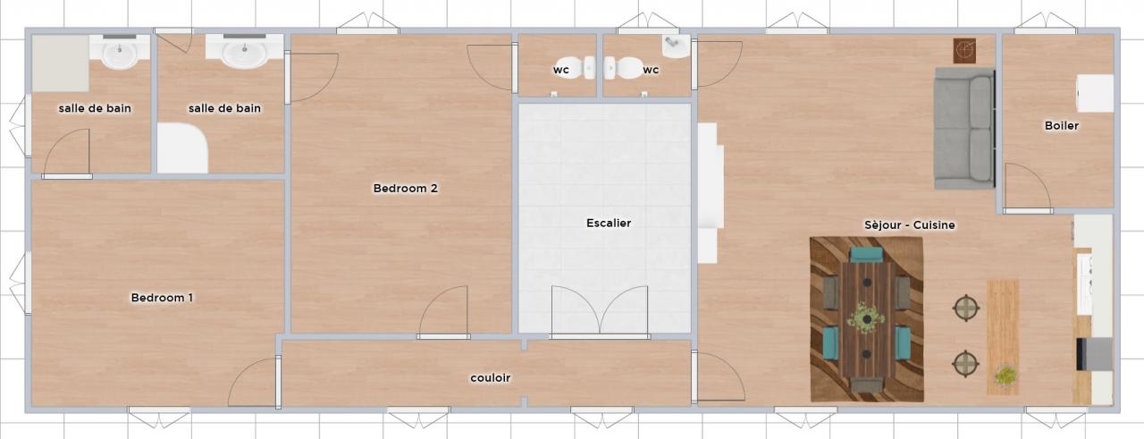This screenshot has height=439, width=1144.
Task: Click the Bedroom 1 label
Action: pos(162,298)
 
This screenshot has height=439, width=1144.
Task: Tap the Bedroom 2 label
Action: pos(405,188)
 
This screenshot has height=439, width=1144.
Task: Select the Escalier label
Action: pos(609,223)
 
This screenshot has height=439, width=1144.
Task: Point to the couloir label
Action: pos(491,377)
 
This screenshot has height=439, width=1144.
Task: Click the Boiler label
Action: pos(1061,125)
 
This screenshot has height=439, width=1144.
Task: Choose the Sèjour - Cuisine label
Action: pos(910,225)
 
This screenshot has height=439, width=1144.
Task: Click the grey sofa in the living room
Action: pos(964,129)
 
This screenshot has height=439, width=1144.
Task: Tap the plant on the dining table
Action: pos(866,318)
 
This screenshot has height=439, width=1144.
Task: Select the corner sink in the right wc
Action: pos(677,46)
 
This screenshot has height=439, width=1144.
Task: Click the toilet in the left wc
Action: pos(576,67)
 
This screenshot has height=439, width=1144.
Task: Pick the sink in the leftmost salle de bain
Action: pos(120,52)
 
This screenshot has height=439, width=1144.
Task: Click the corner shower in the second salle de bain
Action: pos(181,148)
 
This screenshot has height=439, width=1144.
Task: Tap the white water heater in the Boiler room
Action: pos(1095,93)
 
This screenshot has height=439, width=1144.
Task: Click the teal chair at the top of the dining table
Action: pos(867,254)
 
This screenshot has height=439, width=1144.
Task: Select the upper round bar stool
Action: pos(966,308)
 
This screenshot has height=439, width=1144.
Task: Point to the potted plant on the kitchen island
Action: pos(1005,376)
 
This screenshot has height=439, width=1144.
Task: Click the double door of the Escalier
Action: pos(600,311)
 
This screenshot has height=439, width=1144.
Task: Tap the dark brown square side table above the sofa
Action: pos(964,51)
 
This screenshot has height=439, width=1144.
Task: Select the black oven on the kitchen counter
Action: pos(1095,354)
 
